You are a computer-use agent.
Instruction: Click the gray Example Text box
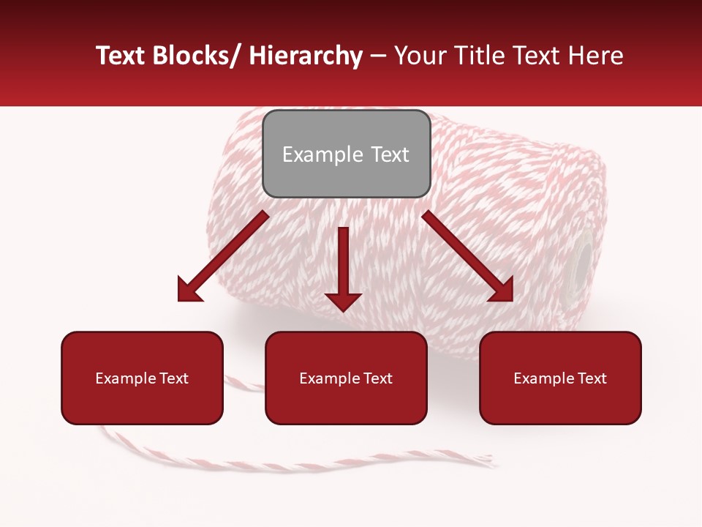tap(346, 154)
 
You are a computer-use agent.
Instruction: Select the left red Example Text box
tap(142, 378)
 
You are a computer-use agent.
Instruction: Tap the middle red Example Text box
tap(346, 378)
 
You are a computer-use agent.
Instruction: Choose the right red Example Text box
tap(560, 378)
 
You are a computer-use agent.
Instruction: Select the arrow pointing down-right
tap(468, 256)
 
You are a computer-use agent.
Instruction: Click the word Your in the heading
tap(418, 56)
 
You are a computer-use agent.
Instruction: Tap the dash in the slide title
tap(378, 57)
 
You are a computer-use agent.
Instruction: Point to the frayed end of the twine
tap(486, 460)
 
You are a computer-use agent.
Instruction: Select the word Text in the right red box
tap(591, 378)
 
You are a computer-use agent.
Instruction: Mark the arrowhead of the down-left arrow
tap(190, 288)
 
